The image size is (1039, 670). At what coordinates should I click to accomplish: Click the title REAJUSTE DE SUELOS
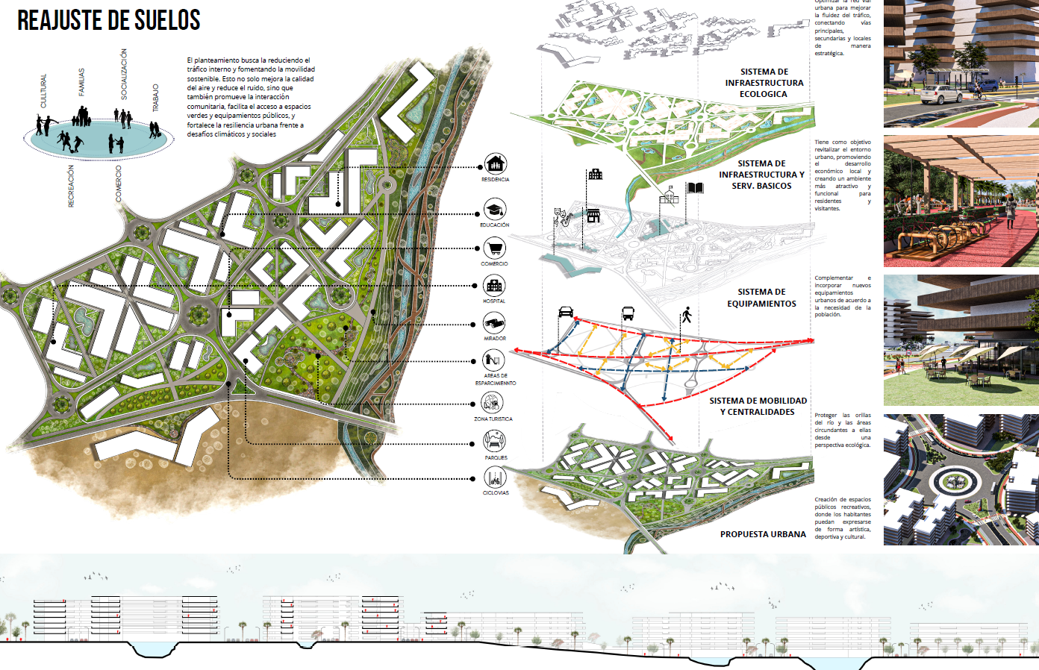[x=109, y=20]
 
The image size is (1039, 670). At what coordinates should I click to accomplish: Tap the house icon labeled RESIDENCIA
[x=495, y=163]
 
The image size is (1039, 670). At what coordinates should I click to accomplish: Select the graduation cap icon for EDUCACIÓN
[x=494, y=209]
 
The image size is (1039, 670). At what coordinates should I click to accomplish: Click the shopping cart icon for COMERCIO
[x=494, y=248]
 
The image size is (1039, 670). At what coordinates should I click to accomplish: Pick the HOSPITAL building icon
[x=494, y=285]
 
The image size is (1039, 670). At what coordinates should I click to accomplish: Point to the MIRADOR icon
[x=494, y=323]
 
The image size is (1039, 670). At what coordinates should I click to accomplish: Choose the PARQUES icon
[x=494, y=441]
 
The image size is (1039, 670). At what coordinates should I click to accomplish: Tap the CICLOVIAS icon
[x=494, y=478]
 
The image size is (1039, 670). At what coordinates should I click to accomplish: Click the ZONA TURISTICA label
[x=493, y=419]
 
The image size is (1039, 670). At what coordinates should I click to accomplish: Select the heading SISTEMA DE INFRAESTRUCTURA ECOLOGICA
[x=764, y=83]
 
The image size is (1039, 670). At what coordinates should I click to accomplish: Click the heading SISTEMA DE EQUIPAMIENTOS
[x=761, y=298]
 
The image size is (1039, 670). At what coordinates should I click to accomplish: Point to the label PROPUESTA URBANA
[x=763, y=534]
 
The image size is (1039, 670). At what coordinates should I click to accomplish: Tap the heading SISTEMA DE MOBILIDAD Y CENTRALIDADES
[x=758, y=406]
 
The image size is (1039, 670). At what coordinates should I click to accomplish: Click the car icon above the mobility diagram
[x=566, y=312]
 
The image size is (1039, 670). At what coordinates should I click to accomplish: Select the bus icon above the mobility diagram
[x=628, y=313]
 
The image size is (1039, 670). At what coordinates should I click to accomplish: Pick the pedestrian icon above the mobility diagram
[x=687, y=315]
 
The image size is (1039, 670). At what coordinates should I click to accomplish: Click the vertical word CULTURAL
[x=43, y=91]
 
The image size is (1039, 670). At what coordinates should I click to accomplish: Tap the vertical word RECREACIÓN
[x=72, y=187]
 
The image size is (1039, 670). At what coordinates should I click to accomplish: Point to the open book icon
[x=696, y=188]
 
